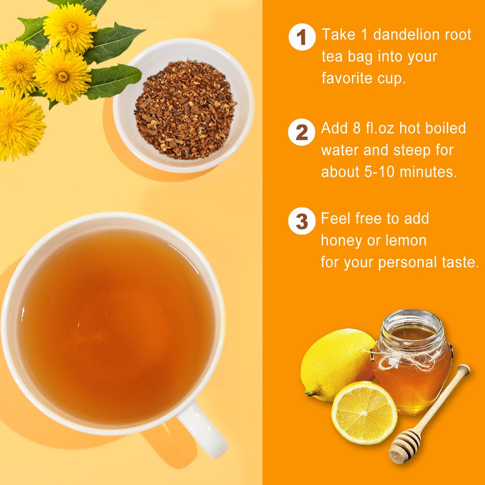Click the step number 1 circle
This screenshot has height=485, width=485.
(302, 37)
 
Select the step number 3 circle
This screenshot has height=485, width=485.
(301, 221)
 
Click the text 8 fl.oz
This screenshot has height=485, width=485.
(374, 128)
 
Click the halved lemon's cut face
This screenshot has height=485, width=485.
(364, 413)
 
